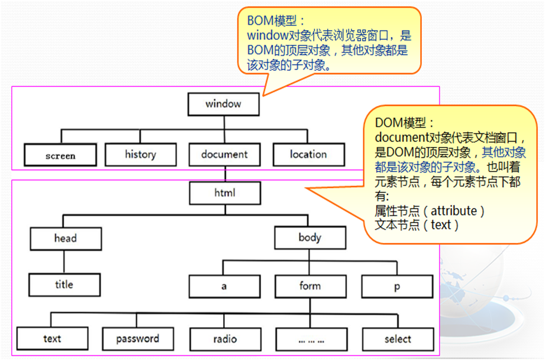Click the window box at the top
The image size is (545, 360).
point(223,104)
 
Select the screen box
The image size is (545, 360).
point(60,155)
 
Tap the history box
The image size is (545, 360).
point(140,154)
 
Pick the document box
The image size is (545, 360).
point(224,154)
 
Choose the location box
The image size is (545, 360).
point(308,154)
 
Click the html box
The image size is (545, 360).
point(225,193)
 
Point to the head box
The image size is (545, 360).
point(66,239)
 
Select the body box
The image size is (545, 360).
point(310,238)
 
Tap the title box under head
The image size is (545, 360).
point(64,284)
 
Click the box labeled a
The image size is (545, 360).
point(224,286)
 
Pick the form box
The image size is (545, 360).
point(310,286)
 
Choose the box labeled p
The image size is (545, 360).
point(397,286)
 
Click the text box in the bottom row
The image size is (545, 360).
point(52,338)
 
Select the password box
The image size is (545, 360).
point(138,338)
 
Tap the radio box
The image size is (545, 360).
point(225,339)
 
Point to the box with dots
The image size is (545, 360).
point(311,339)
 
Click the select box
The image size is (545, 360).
point(398,339)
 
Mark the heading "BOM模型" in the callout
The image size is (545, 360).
point(276,21)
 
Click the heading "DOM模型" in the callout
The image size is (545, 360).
point(404,123)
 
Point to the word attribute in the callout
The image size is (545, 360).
point(456,210)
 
